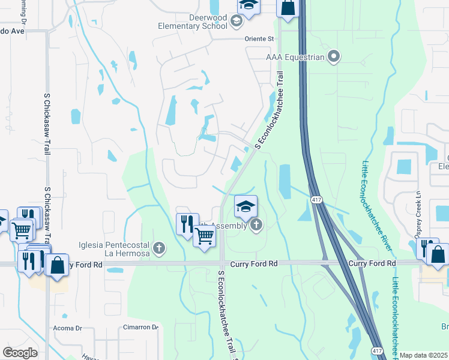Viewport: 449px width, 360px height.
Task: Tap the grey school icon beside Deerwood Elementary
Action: pos(236,22)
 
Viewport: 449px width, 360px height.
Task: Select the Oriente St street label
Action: pos(259,39)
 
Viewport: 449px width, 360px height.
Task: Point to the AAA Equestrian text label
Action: pos(295,58)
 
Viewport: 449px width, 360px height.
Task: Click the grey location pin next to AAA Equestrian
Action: pos(334,58)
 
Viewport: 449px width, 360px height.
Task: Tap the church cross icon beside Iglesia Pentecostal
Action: pos(159,247)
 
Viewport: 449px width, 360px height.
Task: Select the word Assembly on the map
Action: pos(229,226)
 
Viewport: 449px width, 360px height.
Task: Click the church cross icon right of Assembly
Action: pos(256,226)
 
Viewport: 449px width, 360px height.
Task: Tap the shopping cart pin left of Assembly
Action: pos(204,237)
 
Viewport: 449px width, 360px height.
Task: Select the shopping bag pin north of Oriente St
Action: pos(288,8)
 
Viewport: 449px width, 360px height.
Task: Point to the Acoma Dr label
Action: pos(67,328)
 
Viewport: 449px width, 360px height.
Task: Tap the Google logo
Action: pos(20,352)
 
